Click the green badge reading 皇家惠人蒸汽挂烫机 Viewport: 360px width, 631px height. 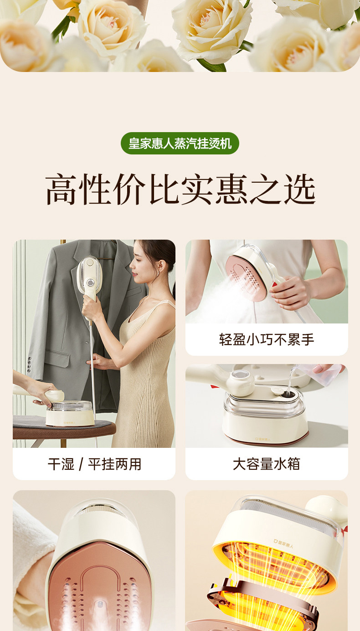(180, 143)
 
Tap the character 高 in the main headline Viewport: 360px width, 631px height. (61, 189)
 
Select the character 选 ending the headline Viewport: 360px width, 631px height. (300, 189)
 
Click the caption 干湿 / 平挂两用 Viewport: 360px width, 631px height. (94, 464)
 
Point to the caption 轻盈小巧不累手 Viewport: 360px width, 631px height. (267, 339)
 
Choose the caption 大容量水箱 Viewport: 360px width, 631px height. (267, 464)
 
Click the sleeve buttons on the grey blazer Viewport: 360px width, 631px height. (29, 365)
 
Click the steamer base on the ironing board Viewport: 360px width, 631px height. (70, 413)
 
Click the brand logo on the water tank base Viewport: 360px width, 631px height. (262, 439)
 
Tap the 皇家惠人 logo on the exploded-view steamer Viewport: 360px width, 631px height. (283, 544)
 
